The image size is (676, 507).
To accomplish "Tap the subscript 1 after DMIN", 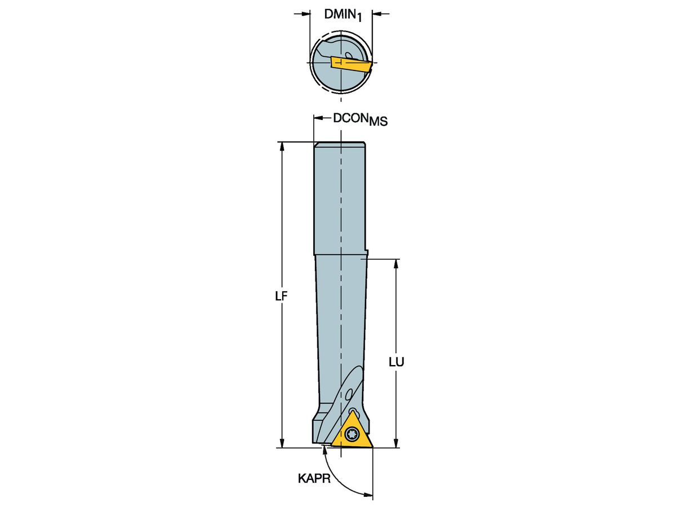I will click(361, 19).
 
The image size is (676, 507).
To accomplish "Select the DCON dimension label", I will click(350, 118).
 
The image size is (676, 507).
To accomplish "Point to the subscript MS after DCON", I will click(378, 122).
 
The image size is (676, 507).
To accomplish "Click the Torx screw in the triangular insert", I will click(353, 434).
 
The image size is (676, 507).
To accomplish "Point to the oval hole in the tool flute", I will click(350, 393).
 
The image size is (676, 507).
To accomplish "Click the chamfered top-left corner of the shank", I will click(316, 145).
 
